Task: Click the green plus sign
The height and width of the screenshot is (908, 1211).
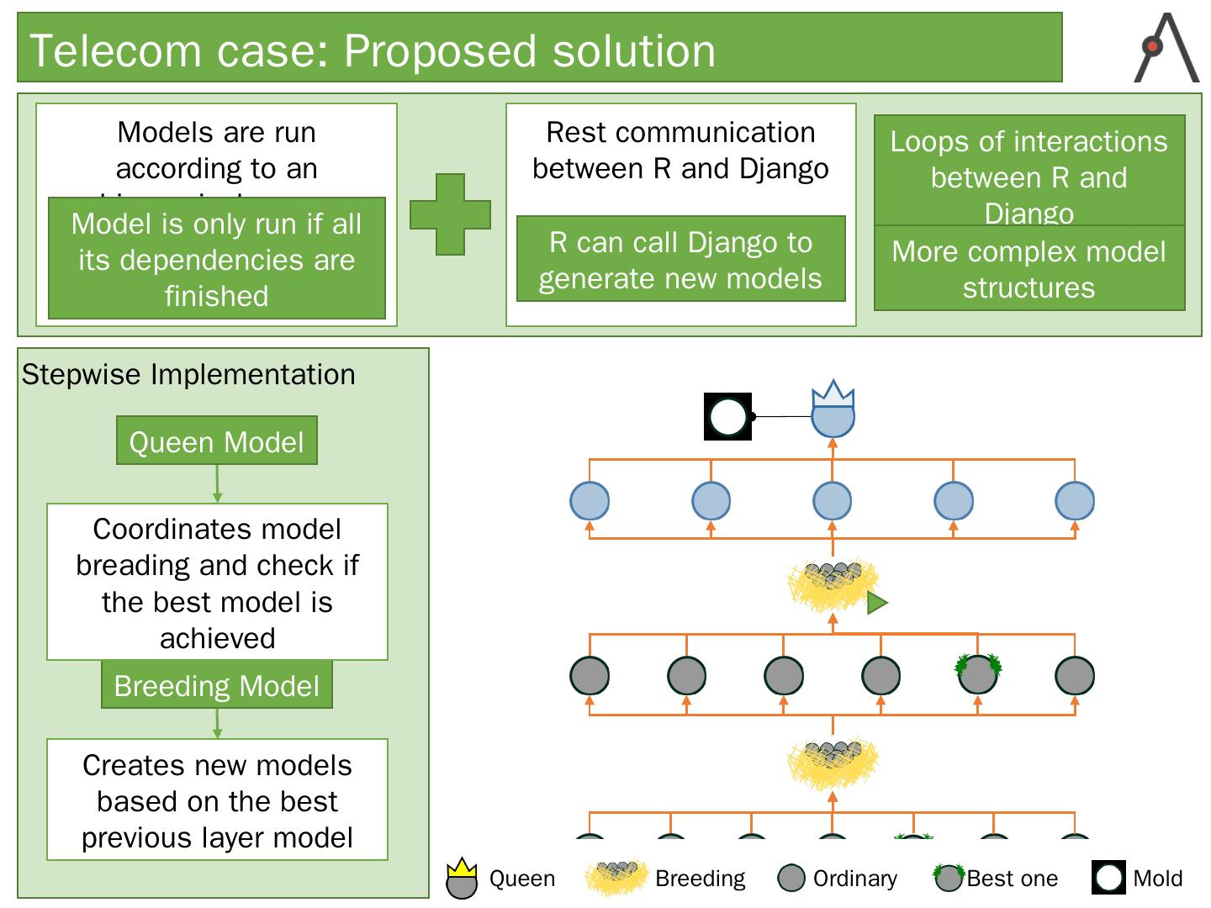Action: [450, 214]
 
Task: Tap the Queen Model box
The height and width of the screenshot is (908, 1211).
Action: [217, 441]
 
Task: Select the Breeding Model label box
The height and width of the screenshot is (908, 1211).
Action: [217, 685]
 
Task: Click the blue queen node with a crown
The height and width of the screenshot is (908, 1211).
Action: [833, 414]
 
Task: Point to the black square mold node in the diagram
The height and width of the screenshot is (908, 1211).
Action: [728, 416]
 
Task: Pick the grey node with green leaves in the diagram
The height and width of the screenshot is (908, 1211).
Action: [978, 673]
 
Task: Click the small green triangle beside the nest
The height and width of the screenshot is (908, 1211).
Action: [877, 603]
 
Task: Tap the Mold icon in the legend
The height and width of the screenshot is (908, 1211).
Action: [1109, 878]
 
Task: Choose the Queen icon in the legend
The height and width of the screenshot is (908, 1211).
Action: [462, 879]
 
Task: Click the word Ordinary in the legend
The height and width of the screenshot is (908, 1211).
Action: [854, 879]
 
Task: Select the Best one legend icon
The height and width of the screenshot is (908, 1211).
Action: [949, 877]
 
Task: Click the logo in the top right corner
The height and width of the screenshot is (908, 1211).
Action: [1166, 48]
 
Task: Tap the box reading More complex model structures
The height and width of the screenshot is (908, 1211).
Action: [1029, 269]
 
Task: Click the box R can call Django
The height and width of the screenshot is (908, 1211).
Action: [680, 260]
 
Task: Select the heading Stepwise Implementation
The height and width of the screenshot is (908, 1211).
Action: [188, 374]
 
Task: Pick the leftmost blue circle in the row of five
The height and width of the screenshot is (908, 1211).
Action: [590, 501]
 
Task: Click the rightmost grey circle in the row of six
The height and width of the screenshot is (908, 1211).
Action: [1075, 675]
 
